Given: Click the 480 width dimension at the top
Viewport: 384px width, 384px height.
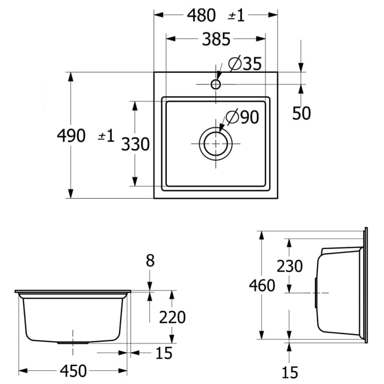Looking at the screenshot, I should pos(201,15).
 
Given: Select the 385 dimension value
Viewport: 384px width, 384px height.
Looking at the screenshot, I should pos(216,39).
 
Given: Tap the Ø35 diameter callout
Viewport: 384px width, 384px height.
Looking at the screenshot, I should pos(244,64).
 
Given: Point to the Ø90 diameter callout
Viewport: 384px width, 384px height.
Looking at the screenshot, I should pos(242,117).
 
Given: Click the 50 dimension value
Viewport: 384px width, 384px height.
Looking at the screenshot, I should pos(301,113).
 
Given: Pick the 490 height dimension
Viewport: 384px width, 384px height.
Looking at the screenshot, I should pos(71,135).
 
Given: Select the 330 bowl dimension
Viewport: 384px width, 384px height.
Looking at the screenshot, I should pos(135,144).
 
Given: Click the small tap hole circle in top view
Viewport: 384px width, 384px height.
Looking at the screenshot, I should pos(216,84).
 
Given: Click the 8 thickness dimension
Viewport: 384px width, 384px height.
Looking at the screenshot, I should pos(150,261).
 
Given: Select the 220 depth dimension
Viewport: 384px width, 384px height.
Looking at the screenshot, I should pos(173,317).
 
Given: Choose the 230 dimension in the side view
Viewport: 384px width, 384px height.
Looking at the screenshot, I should pos(289,266).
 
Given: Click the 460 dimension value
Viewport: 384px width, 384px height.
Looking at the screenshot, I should pos(262,286).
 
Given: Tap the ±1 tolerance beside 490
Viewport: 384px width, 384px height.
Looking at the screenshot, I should pos(106,135).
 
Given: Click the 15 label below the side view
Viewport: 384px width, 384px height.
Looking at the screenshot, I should pos(289,372).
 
